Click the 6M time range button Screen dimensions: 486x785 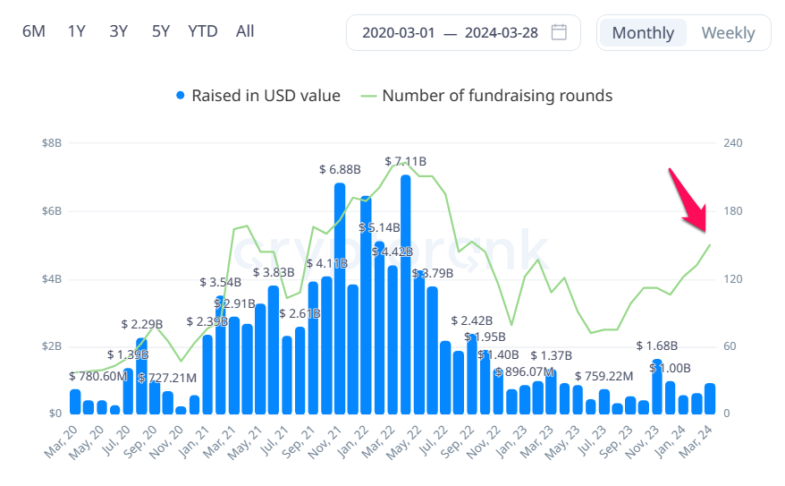(x=33, y=31)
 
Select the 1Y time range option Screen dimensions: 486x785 (x=76, y=31)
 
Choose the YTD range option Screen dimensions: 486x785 (x=203, y=31)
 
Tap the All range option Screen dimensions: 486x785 (x=245, y=31)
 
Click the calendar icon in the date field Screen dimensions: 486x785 (x=559, y=32)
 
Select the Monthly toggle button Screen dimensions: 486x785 (x=643, y=33)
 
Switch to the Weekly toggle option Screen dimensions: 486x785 (x=728, y=33)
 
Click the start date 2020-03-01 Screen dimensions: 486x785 (x=398, y=33)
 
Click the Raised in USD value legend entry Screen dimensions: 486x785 (x=257, y=96)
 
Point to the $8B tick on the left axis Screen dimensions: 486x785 (x=51, y=143)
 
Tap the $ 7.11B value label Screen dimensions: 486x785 (x=405, y=162)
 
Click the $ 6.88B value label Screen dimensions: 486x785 (x=340, y=169)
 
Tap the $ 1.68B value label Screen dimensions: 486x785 (x=657, y=346)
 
